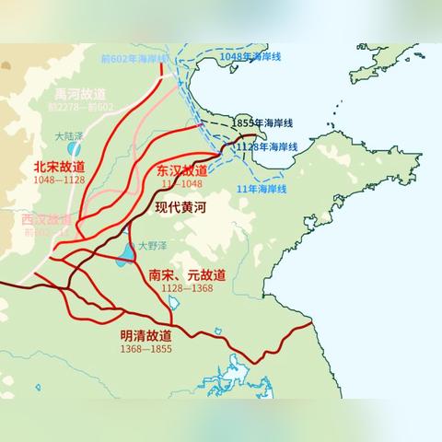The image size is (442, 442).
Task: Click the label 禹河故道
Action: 80,94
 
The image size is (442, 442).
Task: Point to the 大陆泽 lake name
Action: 69,134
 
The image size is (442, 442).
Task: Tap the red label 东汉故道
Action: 182,171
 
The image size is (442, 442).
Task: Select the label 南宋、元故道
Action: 187,273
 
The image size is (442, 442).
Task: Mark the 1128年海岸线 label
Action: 267,146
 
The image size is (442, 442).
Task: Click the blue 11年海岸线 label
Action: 262,188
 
